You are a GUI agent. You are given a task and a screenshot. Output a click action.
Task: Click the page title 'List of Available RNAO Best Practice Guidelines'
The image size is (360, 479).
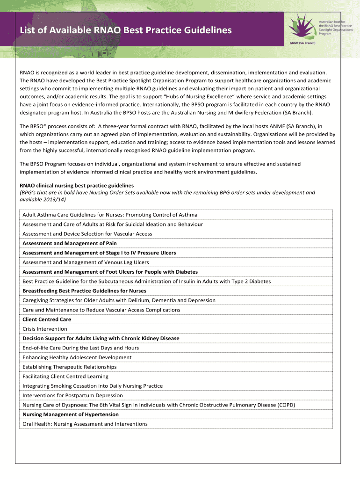point(125,30)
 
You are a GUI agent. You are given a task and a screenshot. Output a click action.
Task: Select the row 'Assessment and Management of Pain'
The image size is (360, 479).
point(70,243)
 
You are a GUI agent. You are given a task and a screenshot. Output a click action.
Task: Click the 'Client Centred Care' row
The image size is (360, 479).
point(47,319)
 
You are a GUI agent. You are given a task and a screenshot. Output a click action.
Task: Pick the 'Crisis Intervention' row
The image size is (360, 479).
point(45,329)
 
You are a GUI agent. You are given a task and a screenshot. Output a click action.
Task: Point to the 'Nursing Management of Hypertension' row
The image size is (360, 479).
point(71,414)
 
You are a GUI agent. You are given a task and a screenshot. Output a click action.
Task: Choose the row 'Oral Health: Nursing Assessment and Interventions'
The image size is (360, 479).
point(85,424)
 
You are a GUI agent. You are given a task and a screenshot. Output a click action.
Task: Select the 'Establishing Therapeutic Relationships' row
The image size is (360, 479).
point(70,367)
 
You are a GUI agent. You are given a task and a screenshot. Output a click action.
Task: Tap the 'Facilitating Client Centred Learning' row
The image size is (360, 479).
point(65,376)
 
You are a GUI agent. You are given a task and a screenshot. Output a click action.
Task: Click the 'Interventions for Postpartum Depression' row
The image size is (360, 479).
point(66,395)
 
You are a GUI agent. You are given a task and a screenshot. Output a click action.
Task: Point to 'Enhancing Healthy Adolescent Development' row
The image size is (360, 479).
point(71,357)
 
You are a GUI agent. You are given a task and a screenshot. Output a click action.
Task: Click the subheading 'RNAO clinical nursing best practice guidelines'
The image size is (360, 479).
point(77,185)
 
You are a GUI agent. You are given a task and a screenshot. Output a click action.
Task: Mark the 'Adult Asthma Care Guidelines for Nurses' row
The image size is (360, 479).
point(110,215)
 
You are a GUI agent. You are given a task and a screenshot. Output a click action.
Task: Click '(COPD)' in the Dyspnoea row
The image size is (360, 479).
point(286,405)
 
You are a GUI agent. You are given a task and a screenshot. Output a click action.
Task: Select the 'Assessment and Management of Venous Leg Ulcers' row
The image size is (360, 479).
point(86,262)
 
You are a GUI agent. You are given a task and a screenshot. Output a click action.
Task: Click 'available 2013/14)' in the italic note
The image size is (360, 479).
point(43,199)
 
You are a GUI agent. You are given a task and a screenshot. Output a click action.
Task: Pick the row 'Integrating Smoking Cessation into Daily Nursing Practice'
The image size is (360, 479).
point(93,386)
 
